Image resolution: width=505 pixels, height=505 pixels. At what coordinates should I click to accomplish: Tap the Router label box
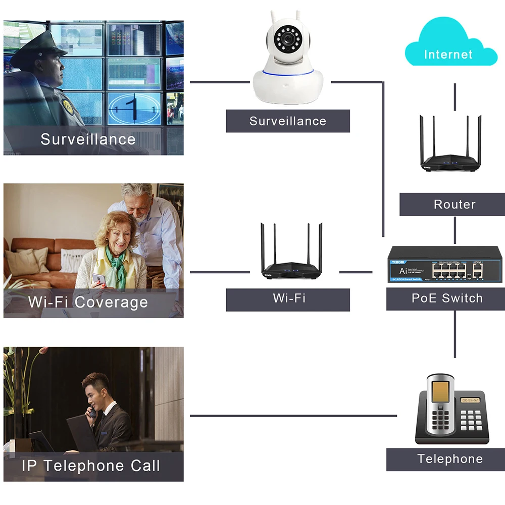pos(454,205)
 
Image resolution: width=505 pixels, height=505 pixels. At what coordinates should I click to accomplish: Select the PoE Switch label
pos(446,298)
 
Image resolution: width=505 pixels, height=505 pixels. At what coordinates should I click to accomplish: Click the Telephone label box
pos(449,459)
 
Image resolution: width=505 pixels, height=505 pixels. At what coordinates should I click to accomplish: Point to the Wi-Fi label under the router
pos(288,298)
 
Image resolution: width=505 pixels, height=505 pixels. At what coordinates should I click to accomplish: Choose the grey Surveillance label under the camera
pos(287,121)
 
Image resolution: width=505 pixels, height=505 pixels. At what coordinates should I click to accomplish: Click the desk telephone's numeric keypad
pos(470,420)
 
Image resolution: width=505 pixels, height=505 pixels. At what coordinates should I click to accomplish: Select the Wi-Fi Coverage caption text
pos(88,302)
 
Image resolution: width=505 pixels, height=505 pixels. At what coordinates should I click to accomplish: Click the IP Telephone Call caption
pos(91,466)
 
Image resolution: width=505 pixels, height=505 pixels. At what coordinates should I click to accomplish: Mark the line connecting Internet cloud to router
pos(454,96)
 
